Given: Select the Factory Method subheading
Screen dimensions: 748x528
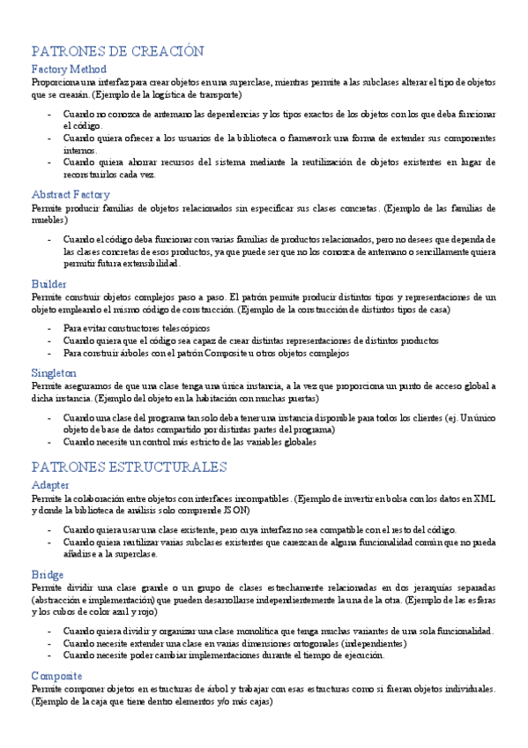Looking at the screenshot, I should (x=69, y=69).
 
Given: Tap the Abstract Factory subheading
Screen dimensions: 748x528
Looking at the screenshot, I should (x=71, y=194).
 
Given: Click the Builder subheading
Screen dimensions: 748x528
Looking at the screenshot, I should (x=48, y=284).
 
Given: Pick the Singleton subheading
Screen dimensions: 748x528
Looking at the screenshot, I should (x=54, y=372).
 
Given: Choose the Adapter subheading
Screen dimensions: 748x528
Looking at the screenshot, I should (x=50, y=485).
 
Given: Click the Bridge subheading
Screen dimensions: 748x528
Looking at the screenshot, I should (x=48, y=574).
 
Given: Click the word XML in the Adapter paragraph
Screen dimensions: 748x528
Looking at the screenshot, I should (x=484, y=498).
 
